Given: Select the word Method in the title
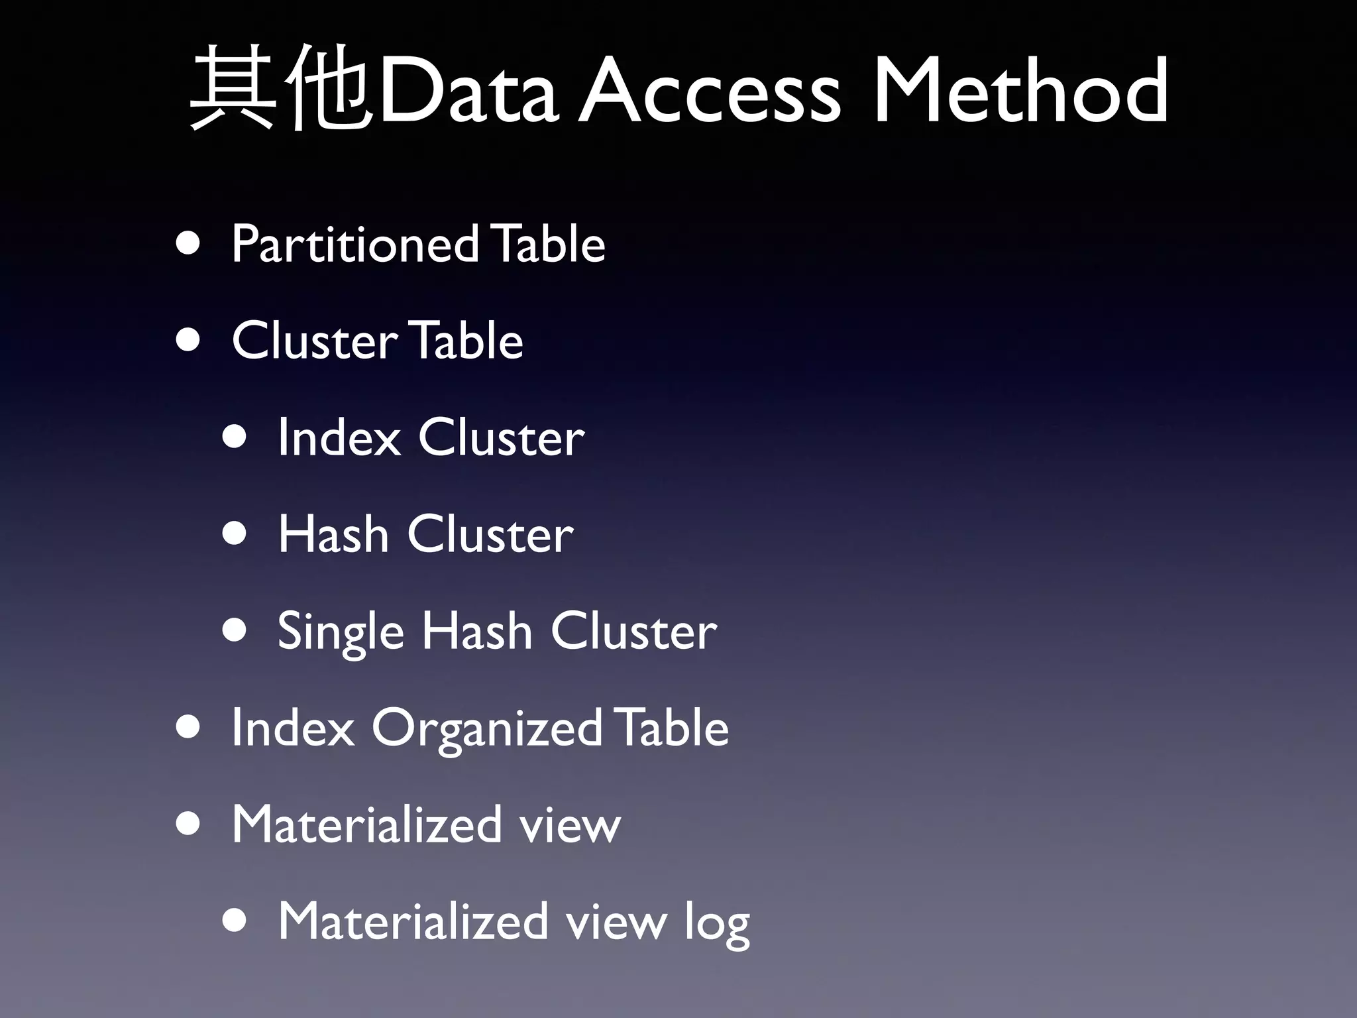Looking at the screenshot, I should pos(1021,89).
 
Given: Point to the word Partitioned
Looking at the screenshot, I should pos(355,244).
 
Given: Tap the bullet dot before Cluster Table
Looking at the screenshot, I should pos(189,341).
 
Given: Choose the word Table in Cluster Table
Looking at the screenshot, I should pos(466,341).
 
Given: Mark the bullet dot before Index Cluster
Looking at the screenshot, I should pos(235,437).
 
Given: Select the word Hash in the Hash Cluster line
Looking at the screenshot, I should pos(333,534).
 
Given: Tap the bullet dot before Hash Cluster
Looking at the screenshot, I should pos(235,534).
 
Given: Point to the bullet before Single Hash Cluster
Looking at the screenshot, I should pos(235,631).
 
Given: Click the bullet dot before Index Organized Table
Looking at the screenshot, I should pos(189,728).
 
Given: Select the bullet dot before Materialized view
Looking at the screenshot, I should pos(189,824).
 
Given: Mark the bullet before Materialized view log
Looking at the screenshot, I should pos(235,921).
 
